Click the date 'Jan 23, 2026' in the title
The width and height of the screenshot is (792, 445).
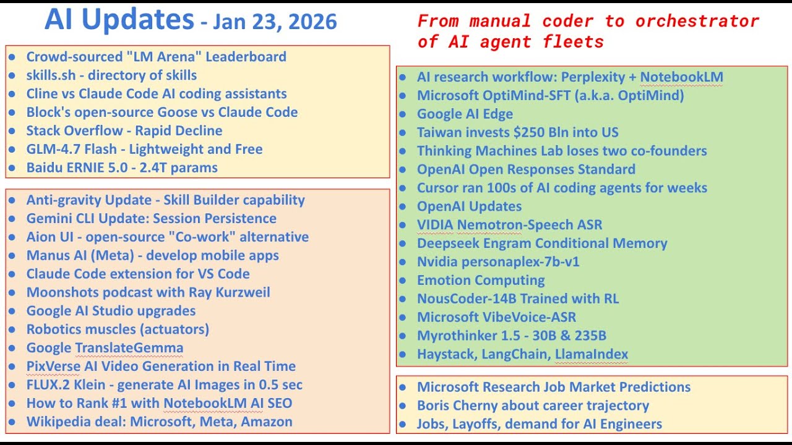(x=275, y=22)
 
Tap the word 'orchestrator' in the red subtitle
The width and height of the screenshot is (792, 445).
(x=697, y=22)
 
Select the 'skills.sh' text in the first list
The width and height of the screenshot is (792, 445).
(x=51, y=75)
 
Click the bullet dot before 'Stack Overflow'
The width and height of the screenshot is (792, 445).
(x=12, y=131)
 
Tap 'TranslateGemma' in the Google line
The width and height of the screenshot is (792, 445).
(x=129, y=348)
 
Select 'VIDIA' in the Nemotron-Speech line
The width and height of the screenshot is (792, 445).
(x=435, y=225)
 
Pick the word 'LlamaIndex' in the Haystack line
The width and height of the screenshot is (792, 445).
(x=591, y=354)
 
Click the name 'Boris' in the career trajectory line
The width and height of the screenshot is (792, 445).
(x=433, y=405)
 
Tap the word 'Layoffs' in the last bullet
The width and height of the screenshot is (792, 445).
(x=474, y=424)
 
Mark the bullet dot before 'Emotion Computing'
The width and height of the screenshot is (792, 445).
(x=402, y=281)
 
